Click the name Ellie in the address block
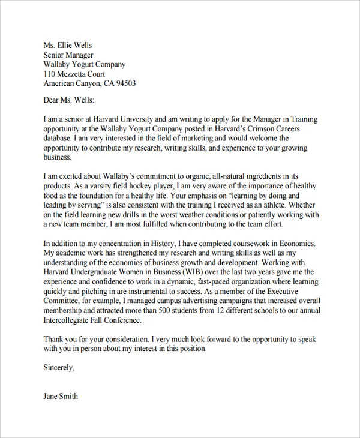65,45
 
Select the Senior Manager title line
69,55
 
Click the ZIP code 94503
125,83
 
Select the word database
58,138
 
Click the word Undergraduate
94,272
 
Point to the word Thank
54,339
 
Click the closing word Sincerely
59,368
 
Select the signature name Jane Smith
61,397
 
